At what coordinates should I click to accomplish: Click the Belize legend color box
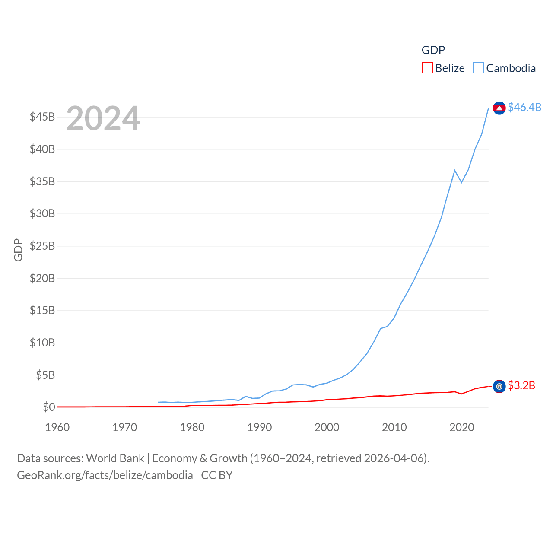tap(427, 68)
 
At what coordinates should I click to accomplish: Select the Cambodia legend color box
tap(478, 68)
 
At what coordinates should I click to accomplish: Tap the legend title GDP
tap(433, 50)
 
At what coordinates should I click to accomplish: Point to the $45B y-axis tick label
tap(42, 117)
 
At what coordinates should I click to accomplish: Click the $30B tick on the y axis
tap(42, 213)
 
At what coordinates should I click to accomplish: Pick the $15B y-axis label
tap(42, 310)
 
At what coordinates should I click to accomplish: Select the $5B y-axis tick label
tap(45, 375)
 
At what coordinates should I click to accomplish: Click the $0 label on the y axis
tap(49, 407)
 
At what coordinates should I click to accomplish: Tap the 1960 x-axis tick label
tap(57, 427)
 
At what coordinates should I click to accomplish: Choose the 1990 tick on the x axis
tap(260, 427)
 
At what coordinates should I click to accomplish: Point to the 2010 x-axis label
tap(394, 427)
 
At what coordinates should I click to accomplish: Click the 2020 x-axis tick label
tap(462, 427)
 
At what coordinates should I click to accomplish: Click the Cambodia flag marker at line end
tap(499, 108)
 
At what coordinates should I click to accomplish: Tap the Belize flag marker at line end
tap(499, 386)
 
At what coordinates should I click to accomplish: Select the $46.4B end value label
tap(524, 107)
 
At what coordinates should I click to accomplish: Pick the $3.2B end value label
tap(521, 385)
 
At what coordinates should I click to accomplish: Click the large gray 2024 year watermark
tap(103, 118)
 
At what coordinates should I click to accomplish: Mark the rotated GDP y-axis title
tap(18, 250)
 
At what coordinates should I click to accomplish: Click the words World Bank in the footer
tap(115, 458)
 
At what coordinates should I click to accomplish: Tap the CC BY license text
tap(217, 475)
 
